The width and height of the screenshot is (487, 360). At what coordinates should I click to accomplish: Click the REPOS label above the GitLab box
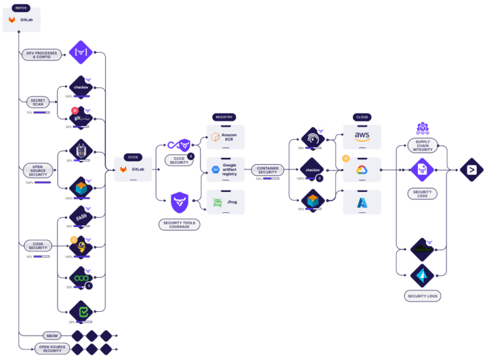tap(21, 8)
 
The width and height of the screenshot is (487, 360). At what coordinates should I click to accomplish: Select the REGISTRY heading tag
tap(224, 117)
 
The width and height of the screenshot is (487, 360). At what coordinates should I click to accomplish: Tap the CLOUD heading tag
tap(362, 117)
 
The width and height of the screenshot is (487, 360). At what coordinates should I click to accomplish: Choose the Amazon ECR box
tap(226, 137)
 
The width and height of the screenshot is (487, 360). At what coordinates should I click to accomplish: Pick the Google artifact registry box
tap(226, 169)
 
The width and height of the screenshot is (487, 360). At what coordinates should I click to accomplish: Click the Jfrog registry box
tap(226, 202)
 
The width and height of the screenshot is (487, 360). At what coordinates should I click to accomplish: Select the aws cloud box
tap(362, 137)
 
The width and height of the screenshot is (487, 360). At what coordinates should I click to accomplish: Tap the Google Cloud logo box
tap(362, 169)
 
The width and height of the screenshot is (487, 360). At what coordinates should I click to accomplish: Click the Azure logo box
tap(362, 202)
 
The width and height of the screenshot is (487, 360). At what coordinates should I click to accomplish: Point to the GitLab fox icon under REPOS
tap(12, 20)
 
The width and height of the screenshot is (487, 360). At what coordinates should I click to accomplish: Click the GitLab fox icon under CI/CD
tap(124, 169)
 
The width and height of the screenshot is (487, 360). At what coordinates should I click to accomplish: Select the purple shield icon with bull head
tap(179, 203)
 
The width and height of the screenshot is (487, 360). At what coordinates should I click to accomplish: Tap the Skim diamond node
tap(81, 216)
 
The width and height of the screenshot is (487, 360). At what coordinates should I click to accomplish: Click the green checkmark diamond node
tap(81, 312)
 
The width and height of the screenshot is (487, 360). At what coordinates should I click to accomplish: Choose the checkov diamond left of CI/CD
tap(81, 87)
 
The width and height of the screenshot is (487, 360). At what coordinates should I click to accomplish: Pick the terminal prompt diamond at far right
tap(471, 169)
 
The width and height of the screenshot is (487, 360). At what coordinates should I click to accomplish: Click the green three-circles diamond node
tap(81, 278)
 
